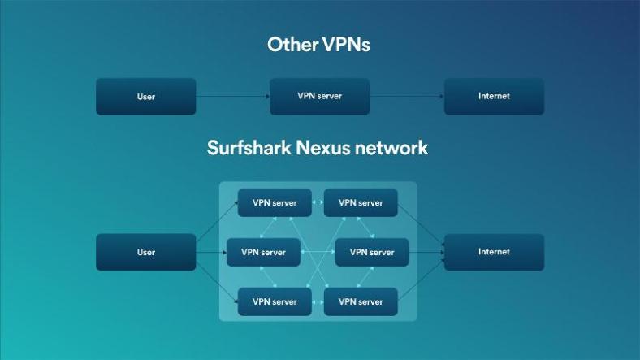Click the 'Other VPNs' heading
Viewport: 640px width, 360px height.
318,45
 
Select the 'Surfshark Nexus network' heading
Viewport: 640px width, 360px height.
318,148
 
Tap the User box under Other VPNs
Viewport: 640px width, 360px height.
146,97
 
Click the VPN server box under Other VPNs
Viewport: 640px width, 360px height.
319,97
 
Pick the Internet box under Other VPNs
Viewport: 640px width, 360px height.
494,97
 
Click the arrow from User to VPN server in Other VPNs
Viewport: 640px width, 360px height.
232,97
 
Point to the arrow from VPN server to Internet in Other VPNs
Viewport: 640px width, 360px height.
407,97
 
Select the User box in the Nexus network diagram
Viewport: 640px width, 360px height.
146,252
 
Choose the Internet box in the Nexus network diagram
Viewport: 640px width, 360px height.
494,252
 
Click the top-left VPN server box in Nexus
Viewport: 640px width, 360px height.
275,203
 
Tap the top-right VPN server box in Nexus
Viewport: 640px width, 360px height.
361,203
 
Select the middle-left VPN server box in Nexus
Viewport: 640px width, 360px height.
263,252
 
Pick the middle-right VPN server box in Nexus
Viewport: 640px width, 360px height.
372,252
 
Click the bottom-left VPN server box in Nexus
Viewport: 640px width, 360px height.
275,301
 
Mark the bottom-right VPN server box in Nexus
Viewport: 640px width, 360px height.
361,301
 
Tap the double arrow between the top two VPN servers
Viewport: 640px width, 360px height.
318,203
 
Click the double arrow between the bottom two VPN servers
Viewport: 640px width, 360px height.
318,301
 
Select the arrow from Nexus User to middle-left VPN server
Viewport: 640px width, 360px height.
211,252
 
